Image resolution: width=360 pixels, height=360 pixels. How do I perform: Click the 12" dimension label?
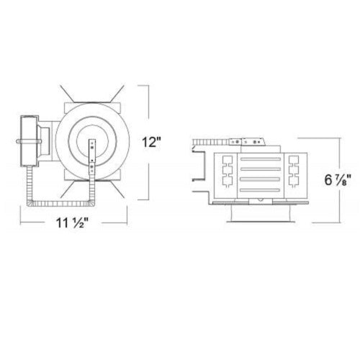pyautogui.click(x=150, y=142)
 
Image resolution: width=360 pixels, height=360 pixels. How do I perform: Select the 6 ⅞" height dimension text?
pyautogui.click(x=338, y=180)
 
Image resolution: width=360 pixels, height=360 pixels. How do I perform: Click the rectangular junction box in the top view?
pyautogui.click(x=30, y=141)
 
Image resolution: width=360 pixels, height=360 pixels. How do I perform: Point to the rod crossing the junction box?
pyautogui.click(x=29, y=141)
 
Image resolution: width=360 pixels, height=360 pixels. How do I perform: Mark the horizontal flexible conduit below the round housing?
pyautogui.click(x=61, y=204)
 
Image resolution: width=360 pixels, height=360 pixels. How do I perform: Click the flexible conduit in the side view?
pyautogui.click(x=210, y=142)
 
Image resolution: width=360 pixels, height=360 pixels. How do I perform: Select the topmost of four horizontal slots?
pyautogui.click(x=261, y=159)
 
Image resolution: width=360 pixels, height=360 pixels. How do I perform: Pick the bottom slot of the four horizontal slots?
pyautogui.click(x=261, y=190)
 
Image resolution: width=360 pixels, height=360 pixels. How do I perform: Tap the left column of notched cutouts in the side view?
pyautogui.click(x=228, y=171)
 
